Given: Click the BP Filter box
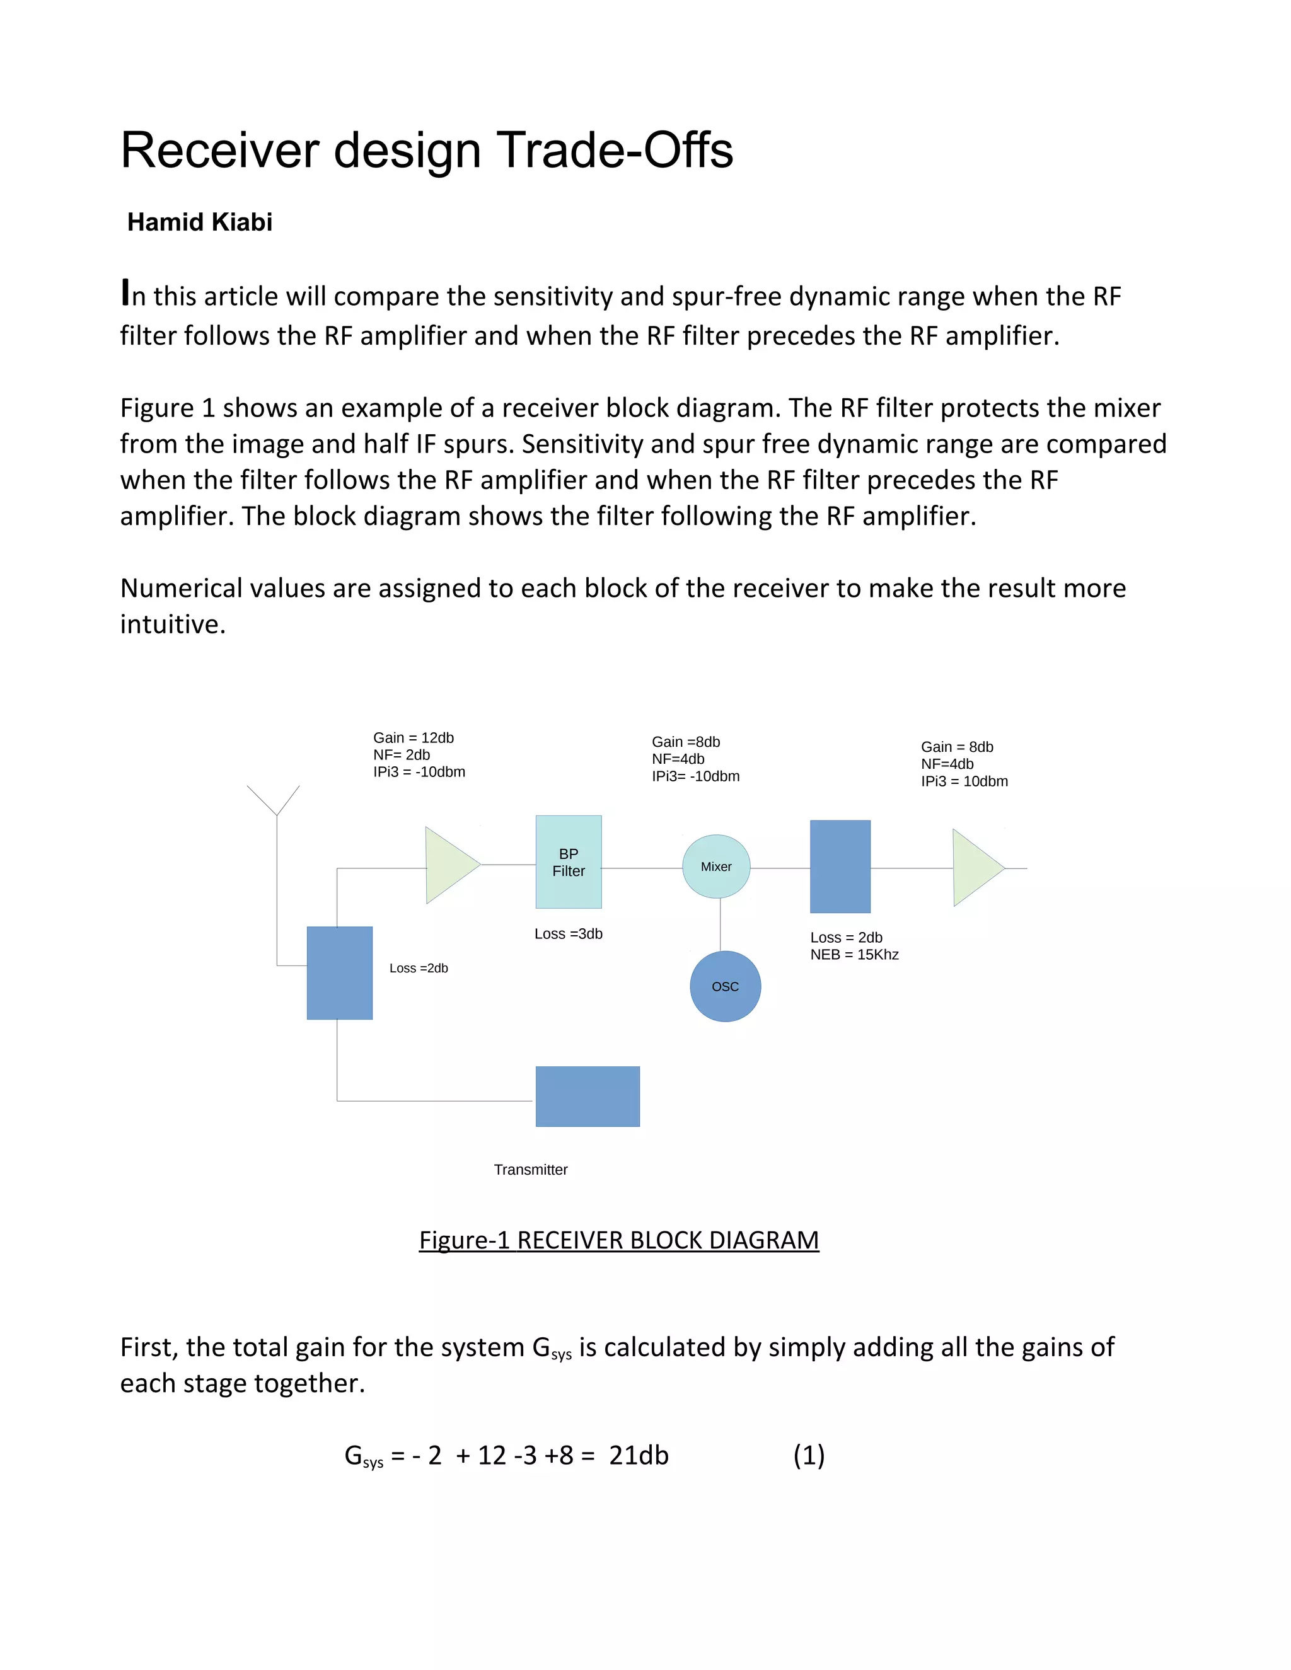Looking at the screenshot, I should (x=568, y=861).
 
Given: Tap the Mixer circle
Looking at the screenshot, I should (x=716, y=867).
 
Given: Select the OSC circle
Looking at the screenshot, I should (x=725, y=986).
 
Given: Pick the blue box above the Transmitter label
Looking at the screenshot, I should (x=588, y=1096).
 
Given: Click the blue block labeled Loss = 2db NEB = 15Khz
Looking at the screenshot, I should (x=840, y=867).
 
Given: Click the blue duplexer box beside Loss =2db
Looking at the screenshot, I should (x=340, y=972).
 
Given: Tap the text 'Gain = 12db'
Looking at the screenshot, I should (x=413, y=738).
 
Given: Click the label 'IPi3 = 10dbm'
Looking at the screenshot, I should (x=964, y=781).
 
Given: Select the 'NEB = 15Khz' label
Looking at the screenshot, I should (x=854, y=954).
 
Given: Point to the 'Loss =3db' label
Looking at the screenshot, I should (x=568, y=934).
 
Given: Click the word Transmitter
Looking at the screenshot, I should (x=531, y=1169).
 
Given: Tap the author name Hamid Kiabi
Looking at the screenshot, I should (x=200, y=222).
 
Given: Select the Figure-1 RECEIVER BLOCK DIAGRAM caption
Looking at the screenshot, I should (x=619, y=1240).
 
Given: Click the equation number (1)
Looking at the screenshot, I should (x=808, y=1455).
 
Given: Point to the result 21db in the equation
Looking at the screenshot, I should (x=639, y=1455).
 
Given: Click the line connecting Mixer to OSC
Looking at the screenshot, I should (x=720, y=925).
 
